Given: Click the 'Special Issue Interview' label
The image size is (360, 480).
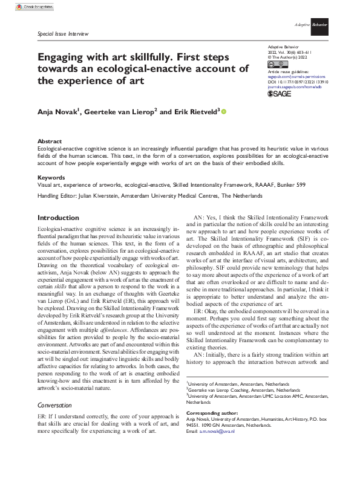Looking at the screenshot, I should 64,34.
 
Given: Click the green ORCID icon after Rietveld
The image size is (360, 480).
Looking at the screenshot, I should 224,111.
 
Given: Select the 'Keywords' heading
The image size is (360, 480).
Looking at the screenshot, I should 51,177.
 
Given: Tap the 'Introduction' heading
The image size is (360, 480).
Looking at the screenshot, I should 57,218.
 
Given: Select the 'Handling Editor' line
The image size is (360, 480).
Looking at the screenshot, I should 150,196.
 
